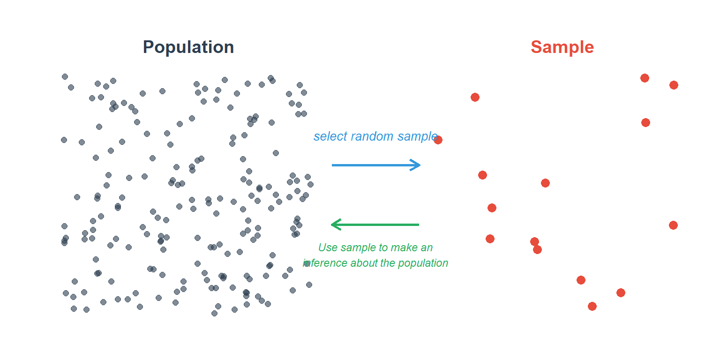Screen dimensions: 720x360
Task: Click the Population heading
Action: click(x=188, y=47)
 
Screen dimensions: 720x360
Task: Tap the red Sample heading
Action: click(x=562, y=47)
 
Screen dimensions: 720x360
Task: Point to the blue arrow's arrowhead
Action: click(x=415, y=165)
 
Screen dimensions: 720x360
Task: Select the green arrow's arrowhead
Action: click(x=336, y=225)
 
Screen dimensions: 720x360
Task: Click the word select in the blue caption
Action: click(x=330, y=136)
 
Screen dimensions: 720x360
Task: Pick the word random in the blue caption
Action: click(x=372, y=136)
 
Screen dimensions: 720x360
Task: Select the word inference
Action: click(x=325, y=263)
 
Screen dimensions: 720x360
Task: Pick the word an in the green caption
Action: click(x=427, y=248)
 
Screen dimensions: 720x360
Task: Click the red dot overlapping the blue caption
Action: click(x=438, y=140)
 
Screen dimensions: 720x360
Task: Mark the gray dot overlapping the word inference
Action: click(x=307, y=263)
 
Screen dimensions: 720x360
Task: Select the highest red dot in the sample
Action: click(x=645, y=78)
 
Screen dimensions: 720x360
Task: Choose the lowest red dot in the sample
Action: click(x=592, y=306)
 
